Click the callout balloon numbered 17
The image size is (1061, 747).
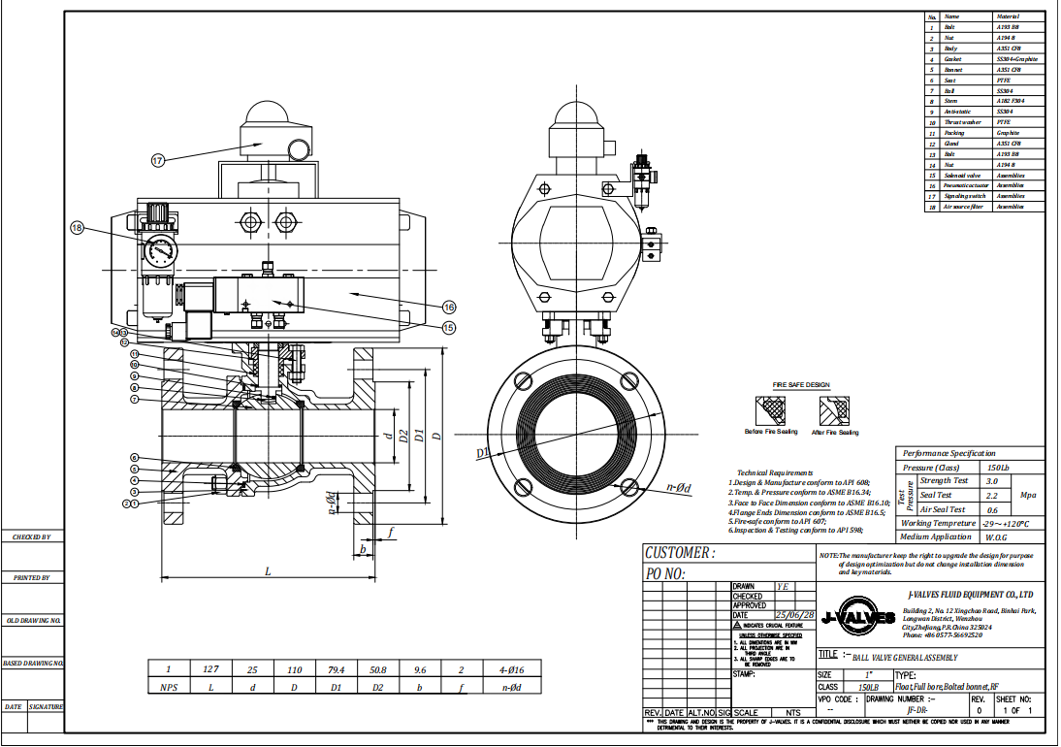click(158, 161)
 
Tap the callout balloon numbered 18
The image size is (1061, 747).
click(79, 228)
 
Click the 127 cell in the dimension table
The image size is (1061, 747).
click(210, 668)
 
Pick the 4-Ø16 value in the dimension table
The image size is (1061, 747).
click(511, 668)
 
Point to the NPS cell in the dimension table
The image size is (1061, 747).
click(168, 686)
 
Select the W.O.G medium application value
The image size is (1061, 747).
click(996, 536)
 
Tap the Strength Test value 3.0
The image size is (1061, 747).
click(991, 481)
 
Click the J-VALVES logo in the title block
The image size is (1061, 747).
click(857, 617)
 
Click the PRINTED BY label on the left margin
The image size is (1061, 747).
click(32, 578)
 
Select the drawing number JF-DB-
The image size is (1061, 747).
click(914, 709)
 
